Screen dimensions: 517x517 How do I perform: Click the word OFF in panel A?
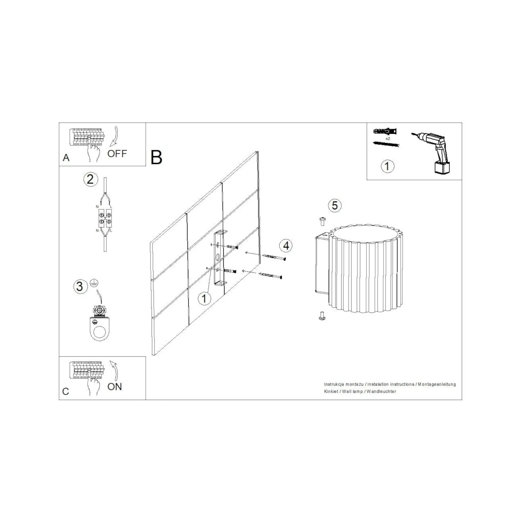pyautogui.click(x=117, y=153)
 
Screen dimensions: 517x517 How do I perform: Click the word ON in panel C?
pyautogui.click(x=115, y=386)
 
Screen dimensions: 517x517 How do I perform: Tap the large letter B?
pyautogui.click(x=156, y=157)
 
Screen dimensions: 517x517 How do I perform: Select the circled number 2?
pyautogui.click(x=90, y=179)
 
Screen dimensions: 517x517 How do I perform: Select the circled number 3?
pyautogui.click(x=80, y=286)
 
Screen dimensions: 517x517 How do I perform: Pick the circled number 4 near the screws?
pyautogui.click(x=286, y=246)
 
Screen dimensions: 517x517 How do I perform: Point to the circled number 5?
pyautogui.click(x=335, y=206)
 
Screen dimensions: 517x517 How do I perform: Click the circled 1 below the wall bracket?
pyautogui.click(x=204, y=298)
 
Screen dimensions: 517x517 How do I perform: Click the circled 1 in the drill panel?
pyautogui.click(x=387, y=166)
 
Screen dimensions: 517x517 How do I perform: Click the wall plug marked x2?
pyautogui.click(x=385, y=132)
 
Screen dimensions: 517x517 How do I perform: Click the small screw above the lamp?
pyautogui.click(x=322, y=221)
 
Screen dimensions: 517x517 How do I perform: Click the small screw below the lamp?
pyautogui.click(x=322, y=316)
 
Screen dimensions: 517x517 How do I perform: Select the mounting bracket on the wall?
pyautogui.click(x=220, y=258)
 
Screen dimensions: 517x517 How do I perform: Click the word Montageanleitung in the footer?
pyautogui.click(x=437, y=385)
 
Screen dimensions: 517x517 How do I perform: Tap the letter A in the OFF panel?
pyautogui.click(x=66, y=158)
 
